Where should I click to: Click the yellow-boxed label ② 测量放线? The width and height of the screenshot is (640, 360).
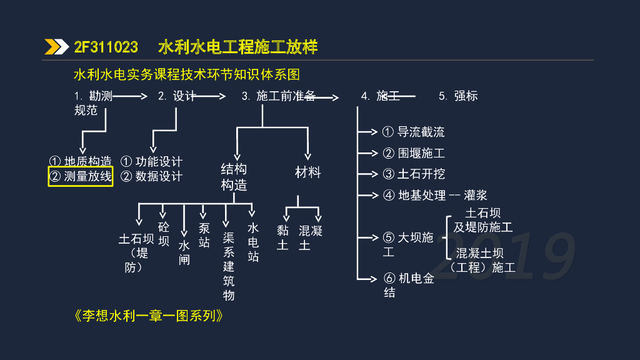click(x=81, y=176)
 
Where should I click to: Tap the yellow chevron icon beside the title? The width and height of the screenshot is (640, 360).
click(x=57, y=47)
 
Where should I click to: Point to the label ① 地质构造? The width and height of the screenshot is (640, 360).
click(x=81, y=161)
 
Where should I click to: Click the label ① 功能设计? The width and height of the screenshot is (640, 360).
click(x=151, y=161)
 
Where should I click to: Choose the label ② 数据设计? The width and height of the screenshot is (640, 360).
click(x=151, y=176)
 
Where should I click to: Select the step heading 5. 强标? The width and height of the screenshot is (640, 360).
click(x=458, y=96)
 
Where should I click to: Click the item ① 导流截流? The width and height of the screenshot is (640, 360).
click(x=414, y=132)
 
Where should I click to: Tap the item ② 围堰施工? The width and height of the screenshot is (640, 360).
click(x=414, y=153)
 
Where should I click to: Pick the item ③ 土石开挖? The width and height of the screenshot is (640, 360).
click(x=414, y=174)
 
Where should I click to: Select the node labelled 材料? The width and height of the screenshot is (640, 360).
click(x=308, y=172)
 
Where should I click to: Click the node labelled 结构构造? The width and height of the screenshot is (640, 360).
click(x=234, y=177)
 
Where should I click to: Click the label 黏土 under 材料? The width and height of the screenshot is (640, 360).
click(x=282, y=237)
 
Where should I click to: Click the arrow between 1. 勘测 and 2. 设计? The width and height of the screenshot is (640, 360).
click(x=130, y=96)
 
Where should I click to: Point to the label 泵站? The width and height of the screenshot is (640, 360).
click(x=204, y=235)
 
